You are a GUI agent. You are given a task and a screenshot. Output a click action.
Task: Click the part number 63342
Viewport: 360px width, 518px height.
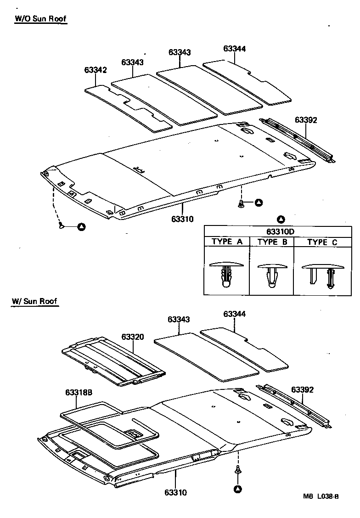coord(96,70)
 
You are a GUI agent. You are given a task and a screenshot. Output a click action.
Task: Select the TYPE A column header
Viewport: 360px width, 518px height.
coord(227,242)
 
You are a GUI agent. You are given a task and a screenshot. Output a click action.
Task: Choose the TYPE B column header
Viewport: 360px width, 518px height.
coord(272,242)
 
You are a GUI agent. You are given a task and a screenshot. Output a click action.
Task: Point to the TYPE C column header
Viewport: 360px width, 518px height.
coord(323,242)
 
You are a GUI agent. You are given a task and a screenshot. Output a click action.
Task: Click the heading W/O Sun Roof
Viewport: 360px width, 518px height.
coord(40,19)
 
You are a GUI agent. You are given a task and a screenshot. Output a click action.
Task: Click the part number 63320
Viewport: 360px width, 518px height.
coord(133,337)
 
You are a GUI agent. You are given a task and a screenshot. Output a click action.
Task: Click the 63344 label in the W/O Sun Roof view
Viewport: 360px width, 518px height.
coord(235,48)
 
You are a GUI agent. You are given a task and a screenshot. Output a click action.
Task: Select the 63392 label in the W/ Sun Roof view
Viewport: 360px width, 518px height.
coord(303,389)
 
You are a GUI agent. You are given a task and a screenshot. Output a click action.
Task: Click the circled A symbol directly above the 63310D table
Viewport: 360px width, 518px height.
coord(281,219)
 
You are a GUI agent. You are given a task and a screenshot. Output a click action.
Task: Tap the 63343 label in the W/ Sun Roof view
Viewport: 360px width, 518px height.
coord(179,319)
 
